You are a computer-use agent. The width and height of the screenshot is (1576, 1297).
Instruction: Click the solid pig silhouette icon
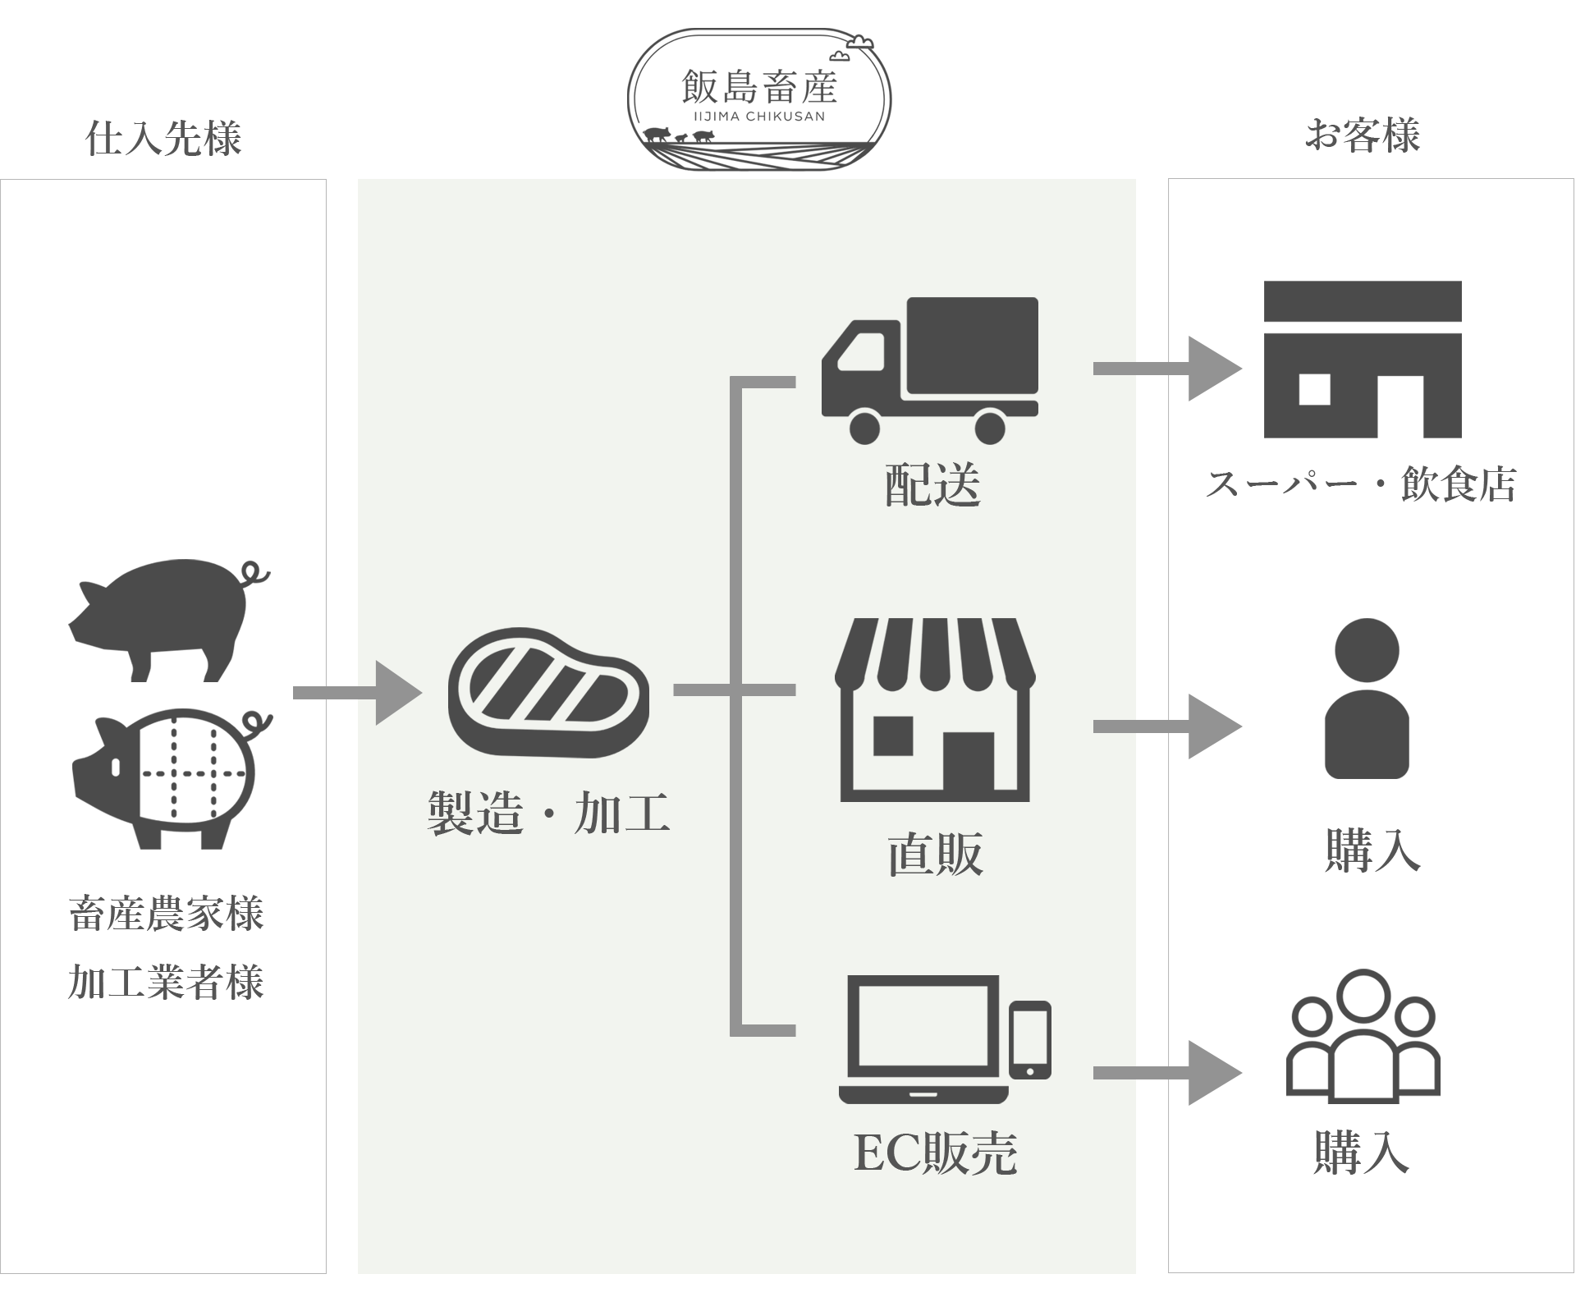[168, 620]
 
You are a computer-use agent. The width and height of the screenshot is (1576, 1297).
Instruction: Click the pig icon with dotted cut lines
[172, 776]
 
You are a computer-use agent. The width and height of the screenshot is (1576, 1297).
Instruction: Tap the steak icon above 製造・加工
[548, 691]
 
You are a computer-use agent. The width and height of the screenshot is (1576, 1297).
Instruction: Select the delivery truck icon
[930, 369]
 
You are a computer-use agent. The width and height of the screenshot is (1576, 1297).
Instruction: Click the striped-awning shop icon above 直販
[935, 710]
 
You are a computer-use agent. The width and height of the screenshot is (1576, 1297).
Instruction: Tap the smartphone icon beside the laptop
[1030, 1039]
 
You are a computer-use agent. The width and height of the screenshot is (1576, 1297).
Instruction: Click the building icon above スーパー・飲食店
[1363, 359]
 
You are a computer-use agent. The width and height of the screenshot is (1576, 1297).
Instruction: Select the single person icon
[1367, 698]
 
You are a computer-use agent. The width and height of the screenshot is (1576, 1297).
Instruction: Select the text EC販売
[936, 1153]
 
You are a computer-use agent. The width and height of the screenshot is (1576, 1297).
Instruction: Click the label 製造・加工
[548, 813]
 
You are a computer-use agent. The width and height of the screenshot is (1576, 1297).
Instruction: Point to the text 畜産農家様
[167, 914]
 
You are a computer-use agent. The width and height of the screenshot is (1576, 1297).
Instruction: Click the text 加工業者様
[167, 982]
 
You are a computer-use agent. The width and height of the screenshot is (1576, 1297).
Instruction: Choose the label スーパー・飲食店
[1361, 484]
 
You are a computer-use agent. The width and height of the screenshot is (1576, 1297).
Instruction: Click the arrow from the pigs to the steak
[357, 693]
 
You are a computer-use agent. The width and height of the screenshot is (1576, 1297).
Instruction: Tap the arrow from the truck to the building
[1167, 369]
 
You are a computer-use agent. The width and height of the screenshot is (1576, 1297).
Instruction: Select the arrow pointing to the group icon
[1167, 1072]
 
